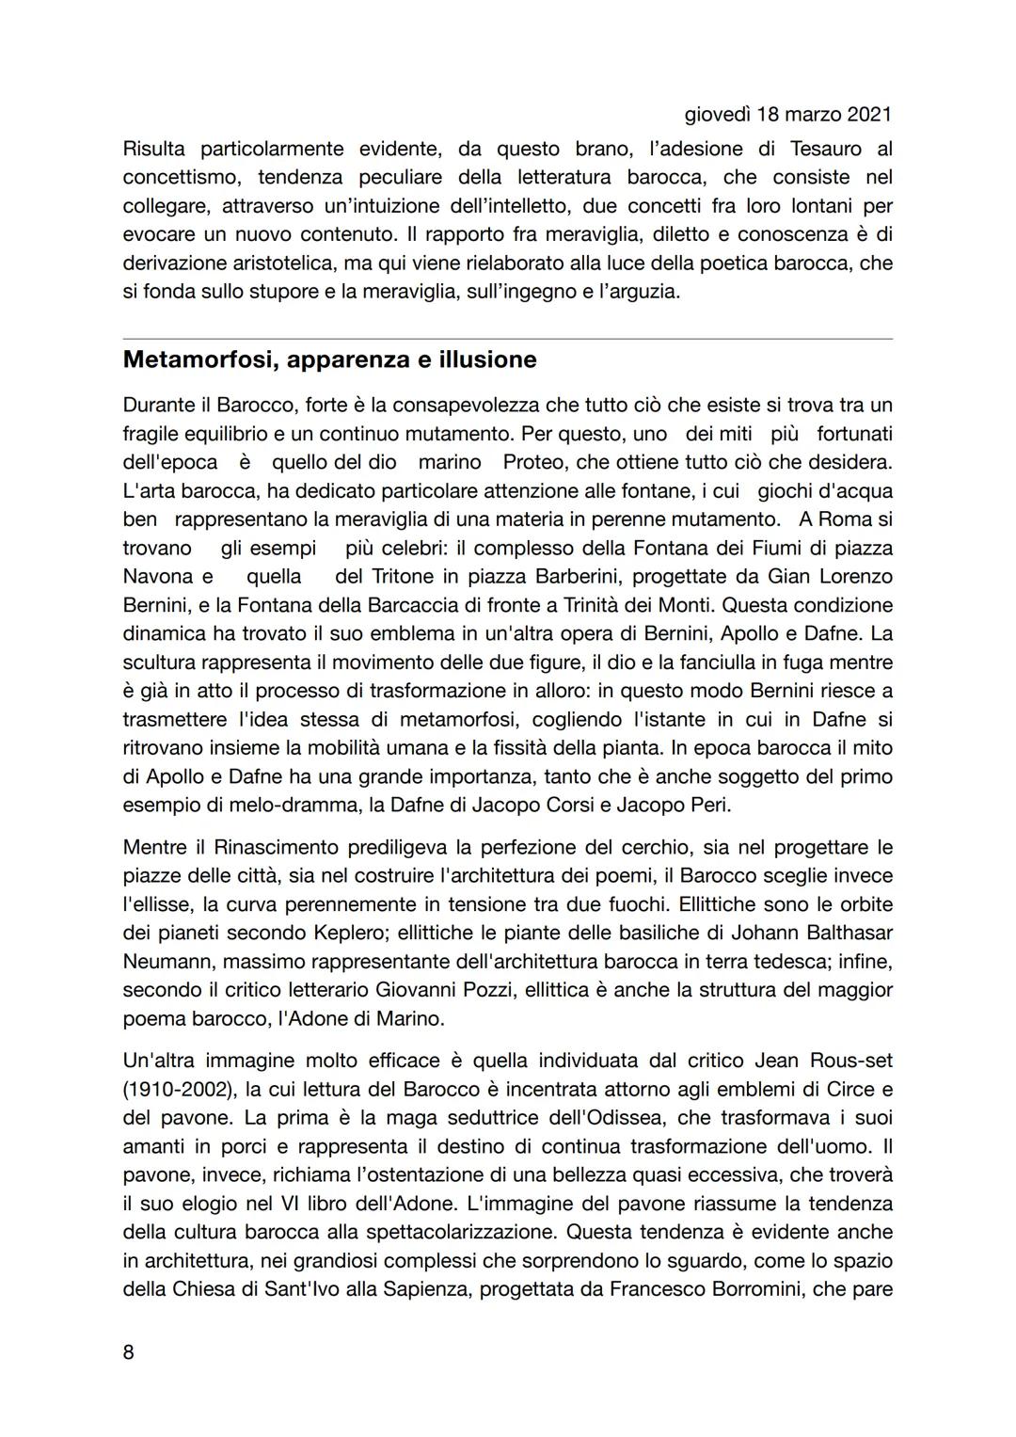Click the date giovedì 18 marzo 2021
click(786, 115)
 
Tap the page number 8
click(129, 1352)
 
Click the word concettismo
click(183, 177)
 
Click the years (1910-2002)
click(178, 1089)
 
